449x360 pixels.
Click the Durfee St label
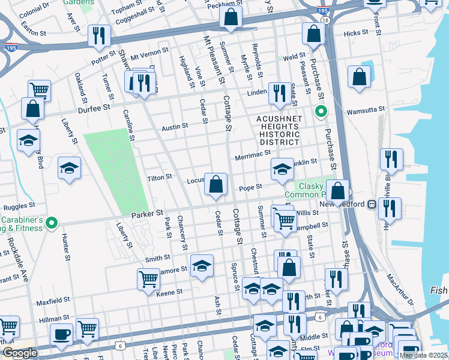94,107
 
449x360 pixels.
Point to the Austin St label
175,127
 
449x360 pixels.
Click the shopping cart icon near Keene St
148,278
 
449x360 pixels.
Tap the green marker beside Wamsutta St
321,112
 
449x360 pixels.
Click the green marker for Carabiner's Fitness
52,223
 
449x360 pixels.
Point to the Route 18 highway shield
325,20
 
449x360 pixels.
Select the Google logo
20,353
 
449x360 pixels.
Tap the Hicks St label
355,34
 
